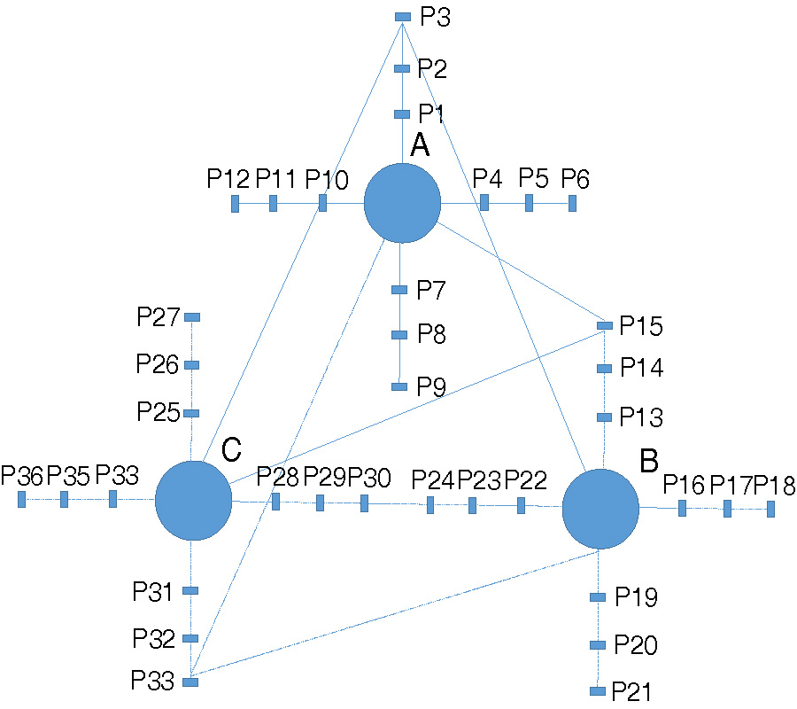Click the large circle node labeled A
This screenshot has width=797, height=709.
tap(403, 203)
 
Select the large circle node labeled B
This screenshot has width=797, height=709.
tap(600, 509)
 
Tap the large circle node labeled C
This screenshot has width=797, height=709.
tap(193, 500)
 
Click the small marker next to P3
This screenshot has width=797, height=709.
tap(402, 17)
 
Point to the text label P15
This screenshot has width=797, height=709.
tap(641, 327)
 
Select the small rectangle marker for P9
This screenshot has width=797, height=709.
tap(399, 386)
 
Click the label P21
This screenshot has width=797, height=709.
tap(637, 691)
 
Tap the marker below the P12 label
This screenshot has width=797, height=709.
tap(235, 204)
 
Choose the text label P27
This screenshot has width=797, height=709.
tap(159, 316)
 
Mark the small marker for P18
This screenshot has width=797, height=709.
tap(770, 509)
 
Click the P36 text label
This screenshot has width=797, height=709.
tap(22, 476)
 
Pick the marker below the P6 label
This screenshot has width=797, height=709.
tap(572, 203)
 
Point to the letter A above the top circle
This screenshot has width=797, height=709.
tap(420, 145)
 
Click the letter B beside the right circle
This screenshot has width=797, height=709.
tap(649, 461)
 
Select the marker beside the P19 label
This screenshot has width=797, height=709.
tap(598, 597)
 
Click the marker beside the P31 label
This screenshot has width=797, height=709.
tap(190, 590)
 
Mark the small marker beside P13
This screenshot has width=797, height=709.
tap(605, 417)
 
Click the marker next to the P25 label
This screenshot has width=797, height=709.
tap(191, 413)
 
